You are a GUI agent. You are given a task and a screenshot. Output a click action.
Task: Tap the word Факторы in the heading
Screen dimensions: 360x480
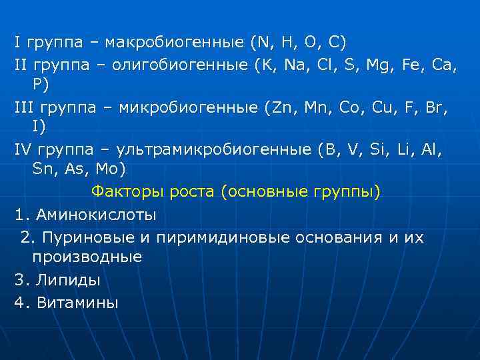123,193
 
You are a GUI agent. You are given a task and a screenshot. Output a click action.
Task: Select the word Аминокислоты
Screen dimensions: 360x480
97,215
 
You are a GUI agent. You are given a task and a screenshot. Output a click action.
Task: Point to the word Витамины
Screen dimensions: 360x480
77,303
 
